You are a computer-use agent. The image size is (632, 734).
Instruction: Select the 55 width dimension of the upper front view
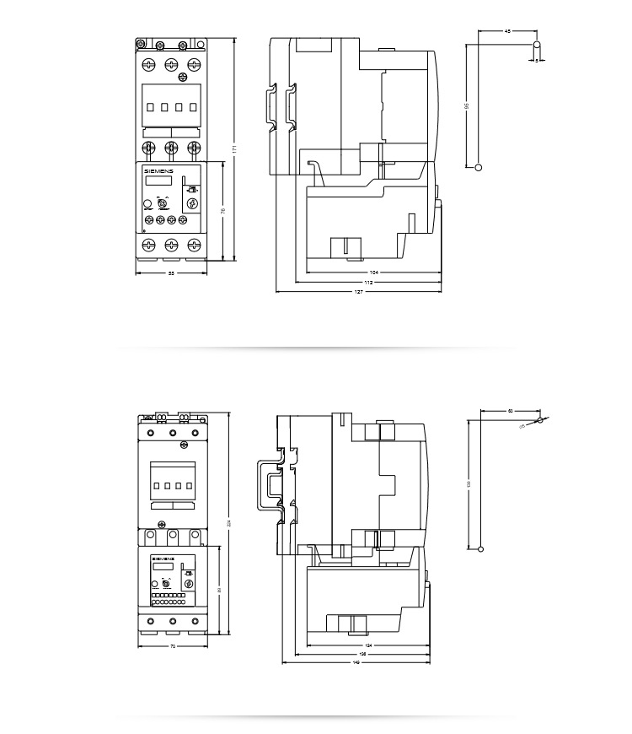point(171,273)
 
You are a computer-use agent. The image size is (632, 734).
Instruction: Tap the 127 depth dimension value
point(359,291)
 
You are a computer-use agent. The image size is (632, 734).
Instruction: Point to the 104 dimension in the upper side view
point(373,273)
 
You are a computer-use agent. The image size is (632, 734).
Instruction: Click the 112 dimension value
point(368,282)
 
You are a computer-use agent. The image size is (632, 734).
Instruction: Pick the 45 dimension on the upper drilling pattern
point(506,31)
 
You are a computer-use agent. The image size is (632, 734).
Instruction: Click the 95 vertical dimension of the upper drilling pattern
point(466,106)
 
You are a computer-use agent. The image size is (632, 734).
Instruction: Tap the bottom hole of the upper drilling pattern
point(479,167)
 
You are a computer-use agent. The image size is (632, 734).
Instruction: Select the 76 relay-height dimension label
point(222,211)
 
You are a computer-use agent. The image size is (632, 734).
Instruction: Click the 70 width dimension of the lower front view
point(173,646)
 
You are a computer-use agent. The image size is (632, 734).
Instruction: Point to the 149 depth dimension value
point(356,662)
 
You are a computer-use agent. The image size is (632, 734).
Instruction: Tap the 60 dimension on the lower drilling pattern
point(510,411)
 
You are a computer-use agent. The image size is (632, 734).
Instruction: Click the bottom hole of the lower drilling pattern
point(481,549)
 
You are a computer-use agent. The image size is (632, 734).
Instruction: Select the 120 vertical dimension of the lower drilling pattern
point(469,483)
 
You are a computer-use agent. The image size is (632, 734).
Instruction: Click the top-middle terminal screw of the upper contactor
point(171,63)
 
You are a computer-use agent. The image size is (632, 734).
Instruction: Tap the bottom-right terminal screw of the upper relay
point(195,245)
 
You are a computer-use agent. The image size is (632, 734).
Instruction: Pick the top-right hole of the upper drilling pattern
point(537,44)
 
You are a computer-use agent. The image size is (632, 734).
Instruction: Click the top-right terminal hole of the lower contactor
point(197,434)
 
